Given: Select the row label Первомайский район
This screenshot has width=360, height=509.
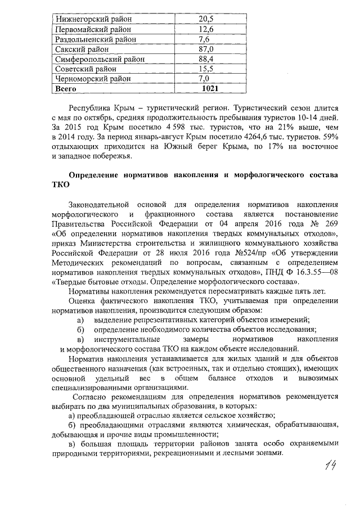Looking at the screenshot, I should pyautogui.click(x=93, y=29).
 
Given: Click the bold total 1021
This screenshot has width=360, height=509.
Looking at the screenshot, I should pyautogui.click(x=210, y=89).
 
